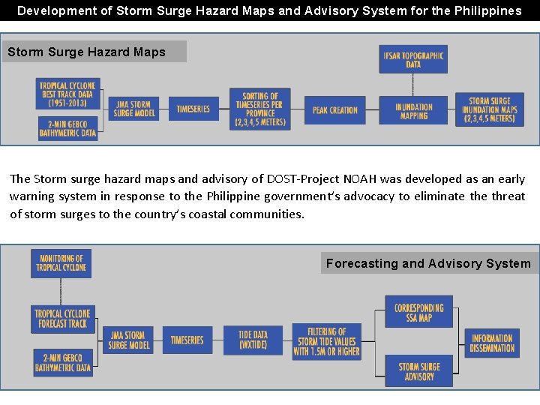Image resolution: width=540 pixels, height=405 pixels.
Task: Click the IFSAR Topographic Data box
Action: point(413,59)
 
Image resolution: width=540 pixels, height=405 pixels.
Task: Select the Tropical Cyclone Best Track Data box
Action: point(67,94)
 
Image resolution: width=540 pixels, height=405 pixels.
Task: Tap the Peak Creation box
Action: point(334,109)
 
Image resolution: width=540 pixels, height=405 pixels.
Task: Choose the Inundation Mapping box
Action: point(414,111)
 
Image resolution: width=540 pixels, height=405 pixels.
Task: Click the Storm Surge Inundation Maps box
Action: point(489,109)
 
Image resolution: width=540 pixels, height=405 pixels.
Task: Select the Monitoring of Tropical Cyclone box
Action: point(61,263)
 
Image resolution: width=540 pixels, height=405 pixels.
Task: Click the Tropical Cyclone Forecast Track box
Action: point(62,319)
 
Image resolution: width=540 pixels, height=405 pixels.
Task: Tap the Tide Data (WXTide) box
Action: point(253,340)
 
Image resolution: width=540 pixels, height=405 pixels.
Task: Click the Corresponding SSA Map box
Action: point(418,312)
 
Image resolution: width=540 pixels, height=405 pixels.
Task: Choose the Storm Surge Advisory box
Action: point(418,370)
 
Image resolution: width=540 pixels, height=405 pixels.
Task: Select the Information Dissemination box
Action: point(492,343)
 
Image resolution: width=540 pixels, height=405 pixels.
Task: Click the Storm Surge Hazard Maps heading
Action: point(86,52)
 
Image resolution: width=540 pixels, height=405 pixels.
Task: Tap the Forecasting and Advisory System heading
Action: point(428,263)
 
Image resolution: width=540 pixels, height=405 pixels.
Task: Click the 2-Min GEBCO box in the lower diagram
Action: point(63,362)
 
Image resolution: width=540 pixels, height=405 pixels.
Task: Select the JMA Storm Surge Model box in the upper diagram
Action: point(134,109)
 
